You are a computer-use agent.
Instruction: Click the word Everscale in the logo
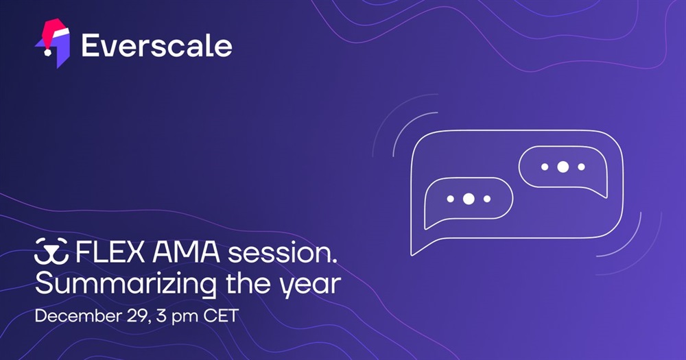click(x=156, y=45)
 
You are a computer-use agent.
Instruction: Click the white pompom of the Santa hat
click(x=47, y=52)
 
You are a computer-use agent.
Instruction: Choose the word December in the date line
click(x=72, y=316)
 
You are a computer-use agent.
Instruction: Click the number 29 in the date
click(x=132, y=316)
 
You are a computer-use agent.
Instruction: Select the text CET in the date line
click(x=221, y=316)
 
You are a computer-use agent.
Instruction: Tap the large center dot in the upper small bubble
click(x=563, y=167)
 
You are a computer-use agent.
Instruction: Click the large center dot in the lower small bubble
click(x=469, y=199)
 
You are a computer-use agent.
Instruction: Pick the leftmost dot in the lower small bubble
click(x=450, y=199)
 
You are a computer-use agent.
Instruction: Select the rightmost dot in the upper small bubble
click(x=582, y=167)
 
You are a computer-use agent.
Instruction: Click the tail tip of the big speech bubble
click(x=412, y=255)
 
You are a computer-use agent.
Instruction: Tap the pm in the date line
click(x=185, y=317)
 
